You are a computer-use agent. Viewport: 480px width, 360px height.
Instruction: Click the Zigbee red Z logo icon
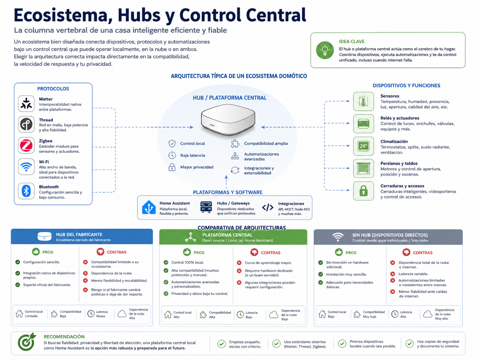coord(26,146)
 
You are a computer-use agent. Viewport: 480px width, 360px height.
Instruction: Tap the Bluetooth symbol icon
coord(26,191)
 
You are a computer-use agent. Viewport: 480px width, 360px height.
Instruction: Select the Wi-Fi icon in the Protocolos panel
coord(26,167)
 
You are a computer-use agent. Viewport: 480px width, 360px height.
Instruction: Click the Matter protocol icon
coord(26,103)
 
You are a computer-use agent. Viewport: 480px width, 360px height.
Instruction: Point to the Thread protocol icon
coord(26,124)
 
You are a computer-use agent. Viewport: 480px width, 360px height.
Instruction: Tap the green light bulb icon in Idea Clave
coord(325,50)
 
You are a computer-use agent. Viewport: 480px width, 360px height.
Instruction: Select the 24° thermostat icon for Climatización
coord(364,146)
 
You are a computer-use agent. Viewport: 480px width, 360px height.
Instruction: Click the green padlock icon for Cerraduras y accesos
coord(364,191)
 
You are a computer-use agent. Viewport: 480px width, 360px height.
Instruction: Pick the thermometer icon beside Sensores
coord(364,102)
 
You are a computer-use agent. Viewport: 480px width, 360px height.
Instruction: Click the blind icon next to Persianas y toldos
coord(364,168)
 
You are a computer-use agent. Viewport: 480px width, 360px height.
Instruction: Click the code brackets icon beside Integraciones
coord(268,207)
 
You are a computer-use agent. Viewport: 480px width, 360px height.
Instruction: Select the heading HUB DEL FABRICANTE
coord(79,234)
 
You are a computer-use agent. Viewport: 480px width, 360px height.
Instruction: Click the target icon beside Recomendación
coord(27,342)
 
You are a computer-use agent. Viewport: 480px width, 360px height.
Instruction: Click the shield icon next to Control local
coord(172,143)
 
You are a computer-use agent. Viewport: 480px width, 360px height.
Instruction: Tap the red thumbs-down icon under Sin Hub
coord(406,252)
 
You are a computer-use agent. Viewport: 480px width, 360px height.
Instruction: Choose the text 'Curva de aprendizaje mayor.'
coord(268,263)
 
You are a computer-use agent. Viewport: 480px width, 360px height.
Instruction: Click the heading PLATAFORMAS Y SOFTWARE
coord(228,192)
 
